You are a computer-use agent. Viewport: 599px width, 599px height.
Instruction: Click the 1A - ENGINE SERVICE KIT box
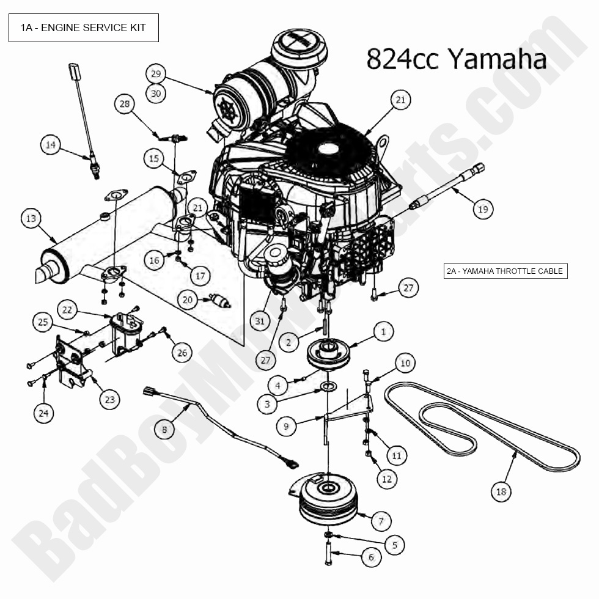click(x=84, y=28)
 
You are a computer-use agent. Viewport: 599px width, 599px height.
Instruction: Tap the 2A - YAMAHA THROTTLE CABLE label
click(x=505, y=271)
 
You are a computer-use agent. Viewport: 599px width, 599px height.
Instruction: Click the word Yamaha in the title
click(x=496, y=59)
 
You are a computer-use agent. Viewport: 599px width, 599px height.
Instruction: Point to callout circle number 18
click(x=501, y=491)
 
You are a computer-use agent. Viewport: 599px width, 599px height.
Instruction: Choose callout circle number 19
click(x=483, y=208)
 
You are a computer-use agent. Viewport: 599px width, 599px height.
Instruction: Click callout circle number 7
click(x=381, y=521)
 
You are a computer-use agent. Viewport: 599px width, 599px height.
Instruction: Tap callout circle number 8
click(x=164, y=430)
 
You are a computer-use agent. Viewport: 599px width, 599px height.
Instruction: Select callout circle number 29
click(x=156, y=74)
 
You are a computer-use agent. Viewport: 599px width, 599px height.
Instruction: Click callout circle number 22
click(x=67, y=309)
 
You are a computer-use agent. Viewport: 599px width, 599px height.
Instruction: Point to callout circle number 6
click(x=370, y=557)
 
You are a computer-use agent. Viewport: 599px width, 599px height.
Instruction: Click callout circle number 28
click(x=125, y=105)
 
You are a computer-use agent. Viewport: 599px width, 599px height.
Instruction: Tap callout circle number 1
click(x=383, y=332)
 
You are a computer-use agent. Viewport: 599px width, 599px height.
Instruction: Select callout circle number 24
click(x=43, y=414)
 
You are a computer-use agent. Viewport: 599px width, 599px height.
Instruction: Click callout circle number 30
click(x=156, y=93)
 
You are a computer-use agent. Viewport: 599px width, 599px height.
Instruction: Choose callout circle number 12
click(x=386, y=479)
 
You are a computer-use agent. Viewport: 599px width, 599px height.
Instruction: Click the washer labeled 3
click(x=328, y=388)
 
